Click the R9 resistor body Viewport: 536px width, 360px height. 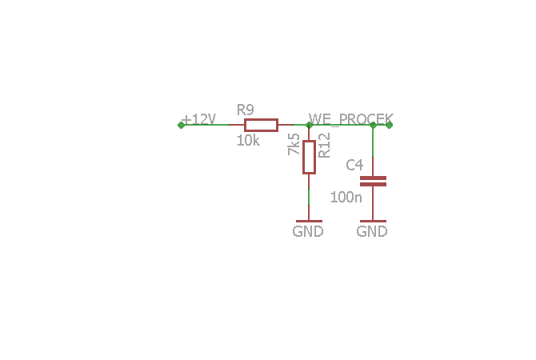[x=261, y=125]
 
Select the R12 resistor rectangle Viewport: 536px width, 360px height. [x=309, y=158]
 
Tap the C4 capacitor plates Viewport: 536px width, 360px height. [x=373, y=181]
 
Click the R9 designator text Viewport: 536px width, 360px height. [x=246, y=110]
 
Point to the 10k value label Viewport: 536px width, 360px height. [x=248, y=141]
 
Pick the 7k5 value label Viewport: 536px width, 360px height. [x=294, y=144]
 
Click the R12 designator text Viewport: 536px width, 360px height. [x=324, y=146]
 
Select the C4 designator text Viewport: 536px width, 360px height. [x=354, y=165]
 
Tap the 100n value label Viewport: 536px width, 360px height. [x=346, y=198]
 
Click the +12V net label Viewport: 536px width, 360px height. [x=198, y=120]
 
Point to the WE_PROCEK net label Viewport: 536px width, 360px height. [x=351, y=119]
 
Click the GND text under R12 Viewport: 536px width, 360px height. [x=308, y=231]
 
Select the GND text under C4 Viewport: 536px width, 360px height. [x=372, y=231]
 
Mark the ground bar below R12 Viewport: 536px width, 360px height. [x=309, y=221]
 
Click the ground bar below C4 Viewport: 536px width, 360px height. [x=373, y=221]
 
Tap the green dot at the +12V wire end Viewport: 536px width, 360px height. [x=181, y=125]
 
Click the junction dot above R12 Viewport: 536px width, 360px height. [x=309, y=125]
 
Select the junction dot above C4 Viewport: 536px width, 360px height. [x=373, y=125]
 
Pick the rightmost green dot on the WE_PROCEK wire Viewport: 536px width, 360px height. [x=389, y=125]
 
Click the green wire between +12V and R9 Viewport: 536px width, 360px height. [x=205, y=125]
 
